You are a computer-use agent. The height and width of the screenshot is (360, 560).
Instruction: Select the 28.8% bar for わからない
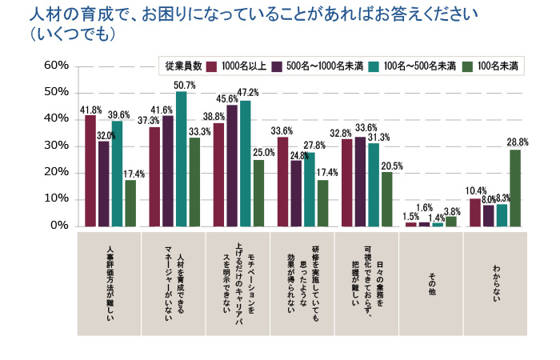point(515,188)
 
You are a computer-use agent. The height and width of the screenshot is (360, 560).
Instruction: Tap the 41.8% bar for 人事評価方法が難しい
point(90,170)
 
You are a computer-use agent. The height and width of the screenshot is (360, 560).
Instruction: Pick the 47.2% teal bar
point(245,163)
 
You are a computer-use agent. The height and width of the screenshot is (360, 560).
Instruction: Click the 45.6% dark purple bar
point(232,166)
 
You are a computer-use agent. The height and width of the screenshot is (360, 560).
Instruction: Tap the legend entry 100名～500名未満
point(413,66)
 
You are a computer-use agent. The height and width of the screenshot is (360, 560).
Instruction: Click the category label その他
point(432,282)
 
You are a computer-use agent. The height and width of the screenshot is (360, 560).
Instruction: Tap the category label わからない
point(497,282)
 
